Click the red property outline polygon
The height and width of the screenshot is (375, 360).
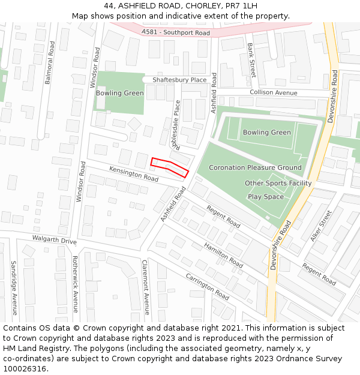[x=169, y=166]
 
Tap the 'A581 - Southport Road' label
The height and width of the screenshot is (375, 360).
[x=176, y=32]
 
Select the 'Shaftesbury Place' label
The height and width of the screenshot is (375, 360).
[x=179, y=80]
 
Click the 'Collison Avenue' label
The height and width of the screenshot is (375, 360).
[x=273, y=93]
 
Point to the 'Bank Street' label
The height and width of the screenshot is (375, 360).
[x=252, y=60]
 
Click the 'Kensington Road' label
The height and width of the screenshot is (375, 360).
[x=134, y=175]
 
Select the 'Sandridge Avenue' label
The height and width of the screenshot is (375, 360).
[x=14, y=287]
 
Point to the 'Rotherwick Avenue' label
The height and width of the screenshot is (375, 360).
[x=76, y=284]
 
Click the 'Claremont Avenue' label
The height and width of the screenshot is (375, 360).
[x=145, y=287]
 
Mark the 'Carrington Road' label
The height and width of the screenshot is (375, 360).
[x=208, y=287]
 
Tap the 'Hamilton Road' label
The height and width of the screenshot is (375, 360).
[x=223, y=255]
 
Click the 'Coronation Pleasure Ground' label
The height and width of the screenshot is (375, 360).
[x=255, y=168]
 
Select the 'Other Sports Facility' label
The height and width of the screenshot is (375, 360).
[x=278, y=183]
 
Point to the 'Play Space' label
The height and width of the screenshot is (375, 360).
[x=266, y=197]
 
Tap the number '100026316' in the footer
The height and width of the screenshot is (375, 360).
[x=25, y=369]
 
